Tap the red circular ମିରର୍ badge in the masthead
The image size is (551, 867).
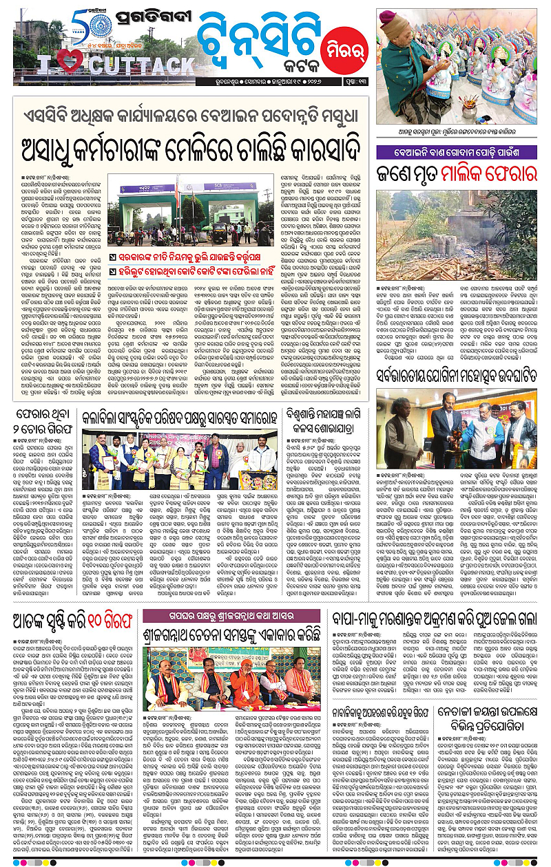pos(335,47)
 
